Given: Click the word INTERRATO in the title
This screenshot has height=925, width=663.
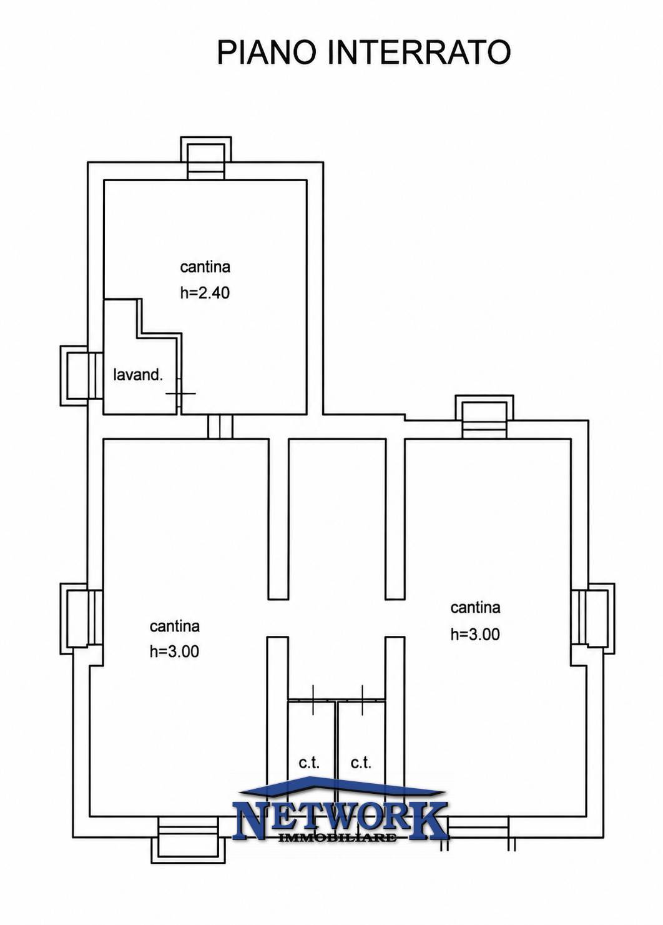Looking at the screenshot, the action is (x=419, y=52).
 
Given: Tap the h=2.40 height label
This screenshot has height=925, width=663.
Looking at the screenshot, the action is (x=205, y=293).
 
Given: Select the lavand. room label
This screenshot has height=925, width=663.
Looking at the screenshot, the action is (x=139, y=375).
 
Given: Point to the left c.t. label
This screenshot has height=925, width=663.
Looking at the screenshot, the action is (x=309, y=763).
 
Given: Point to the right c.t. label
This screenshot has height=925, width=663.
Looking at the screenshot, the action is (x=361, y=763).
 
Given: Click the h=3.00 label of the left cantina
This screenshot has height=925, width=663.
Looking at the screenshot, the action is (x=174, y=651).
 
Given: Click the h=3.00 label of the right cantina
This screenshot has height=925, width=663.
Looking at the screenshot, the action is (x=474, y=634).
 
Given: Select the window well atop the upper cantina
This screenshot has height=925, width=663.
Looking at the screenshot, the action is (x=206, y=158).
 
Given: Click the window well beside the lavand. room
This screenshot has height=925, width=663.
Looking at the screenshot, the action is (x=81, y=375).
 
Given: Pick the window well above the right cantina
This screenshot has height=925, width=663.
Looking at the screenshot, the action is (x=484, y=416).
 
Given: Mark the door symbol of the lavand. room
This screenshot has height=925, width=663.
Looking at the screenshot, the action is (x=180, y=393).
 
